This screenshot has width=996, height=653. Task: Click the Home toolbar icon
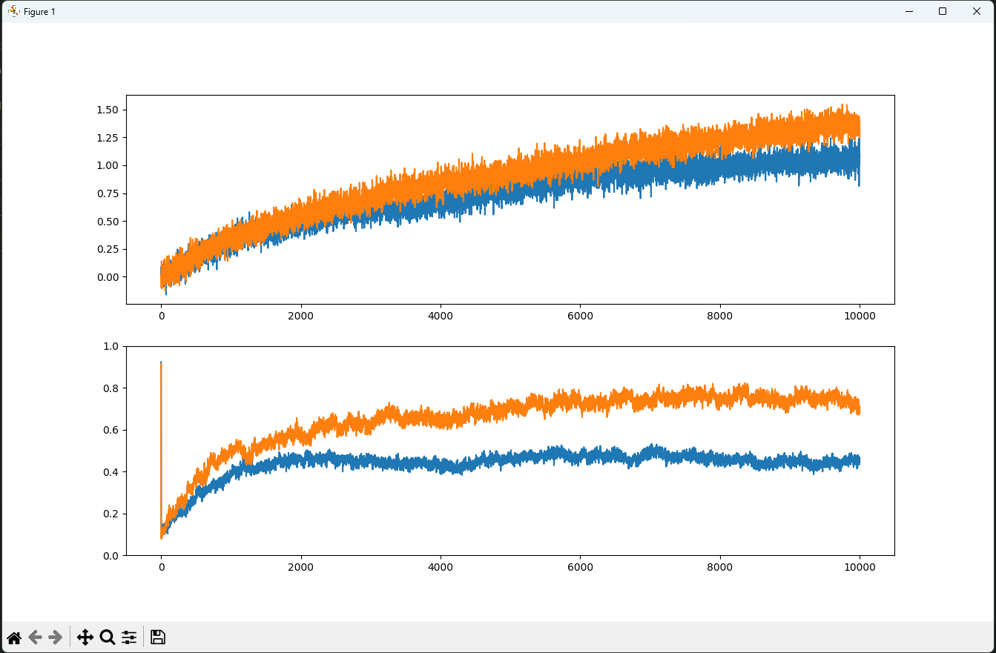point(14,637)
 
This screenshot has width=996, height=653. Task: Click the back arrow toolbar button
point(34,637)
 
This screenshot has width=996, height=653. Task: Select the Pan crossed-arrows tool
point(85,637)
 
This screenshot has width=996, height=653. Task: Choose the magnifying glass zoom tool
point(107,637)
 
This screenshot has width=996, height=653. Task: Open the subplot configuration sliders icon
point(129,637)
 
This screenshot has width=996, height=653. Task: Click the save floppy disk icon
point(157,637)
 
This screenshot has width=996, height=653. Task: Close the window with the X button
point(976,11)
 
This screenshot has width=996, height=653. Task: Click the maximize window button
point(942,11)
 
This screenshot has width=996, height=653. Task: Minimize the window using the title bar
point(908,11)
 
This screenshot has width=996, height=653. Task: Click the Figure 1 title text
point(39,12)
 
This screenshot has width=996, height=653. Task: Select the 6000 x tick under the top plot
point(580,316)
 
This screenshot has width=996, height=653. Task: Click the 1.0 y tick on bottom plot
point(111,346)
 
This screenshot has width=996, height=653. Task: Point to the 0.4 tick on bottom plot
point(111,472)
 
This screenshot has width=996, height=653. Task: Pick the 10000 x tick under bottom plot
point(860,567)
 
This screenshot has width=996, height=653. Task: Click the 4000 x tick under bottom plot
point(441,567)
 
